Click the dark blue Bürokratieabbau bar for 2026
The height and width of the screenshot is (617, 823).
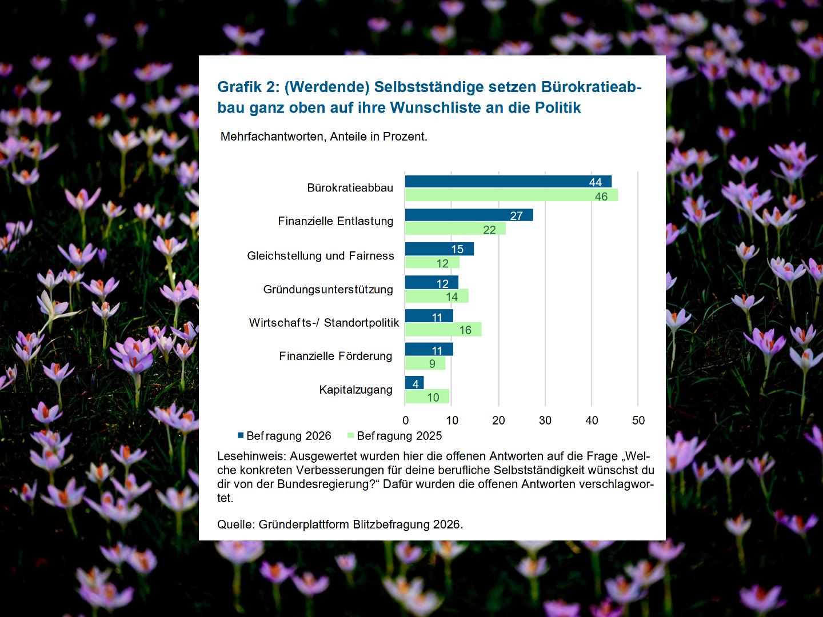tap(508, 182)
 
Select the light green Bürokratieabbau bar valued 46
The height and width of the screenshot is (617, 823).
tap(511, 195)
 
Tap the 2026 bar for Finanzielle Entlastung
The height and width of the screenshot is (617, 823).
tap(469, 215)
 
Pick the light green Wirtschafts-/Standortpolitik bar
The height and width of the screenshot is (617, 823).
tap(443, 330)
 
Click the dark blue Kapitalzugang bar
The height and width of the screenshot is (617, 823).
tap(414, 383)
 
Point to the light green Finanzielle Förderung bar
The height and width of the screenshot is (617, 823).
tap(425, 363)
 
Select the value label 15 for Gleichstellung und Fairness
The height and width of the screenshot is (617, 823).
tap(457, 249)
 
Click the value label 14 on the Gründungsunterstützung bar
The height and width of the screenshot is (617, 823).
tap(452, 297)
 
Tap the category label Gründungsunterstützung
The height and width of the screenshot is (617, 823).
tap(328, 290)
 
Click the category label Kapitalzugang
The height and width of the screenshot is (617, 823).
tap(355, 390)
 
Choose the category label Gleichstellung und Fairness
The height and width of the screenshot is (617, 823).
tap(321, 256)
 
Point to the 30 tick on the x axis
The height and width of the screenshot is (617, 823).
tap(545, 420)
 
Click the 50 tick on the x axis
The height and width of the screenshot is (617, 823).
tap(638, 420)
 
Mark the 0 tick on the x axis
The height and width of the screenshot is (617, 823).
tap(405, 420)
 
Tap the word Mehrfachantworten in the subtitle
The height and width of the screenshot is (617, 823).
tap(270, 137)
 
